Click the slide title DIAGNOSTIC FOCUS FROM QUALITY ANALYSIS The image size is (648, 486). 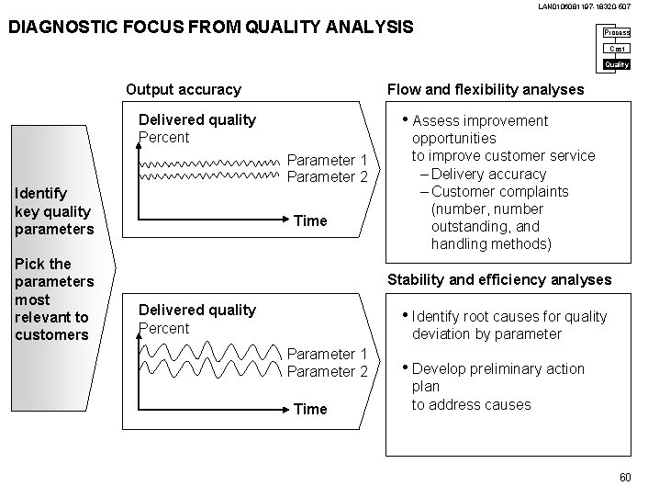(210, 28)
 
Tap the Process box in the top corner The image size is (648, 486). (617, 33)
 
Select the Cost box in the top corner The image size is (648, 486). (617, 49)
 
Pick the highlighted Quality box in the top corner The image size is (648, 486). (617, 64)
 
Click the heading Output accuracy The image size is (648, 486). (183, 89)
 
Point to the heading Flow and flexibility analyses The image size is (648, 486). (486, 89)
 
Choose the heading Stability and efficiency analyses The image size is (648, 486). (499, 279)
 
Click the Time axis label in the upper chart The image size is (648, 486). (310, 220)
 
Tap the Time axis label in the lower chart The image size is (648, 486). (310, 409)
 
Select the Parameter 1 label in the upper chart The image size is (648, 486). (328, 159)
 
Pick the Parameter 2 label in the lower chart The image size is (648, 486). (328, 371)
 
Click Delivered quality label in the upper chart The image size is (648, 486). (196, 119)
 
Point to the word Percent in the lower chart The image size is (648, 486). (163, 328)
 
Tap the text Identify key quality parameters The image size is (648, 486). (53, 210)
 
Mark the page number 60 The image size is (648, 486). (625, 476)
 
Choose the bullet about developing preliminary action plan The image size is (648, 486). (497, 386)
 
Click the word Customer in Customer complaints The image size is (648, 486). (462, 191)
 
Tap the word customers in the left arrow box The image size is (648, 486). (51, 334)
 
